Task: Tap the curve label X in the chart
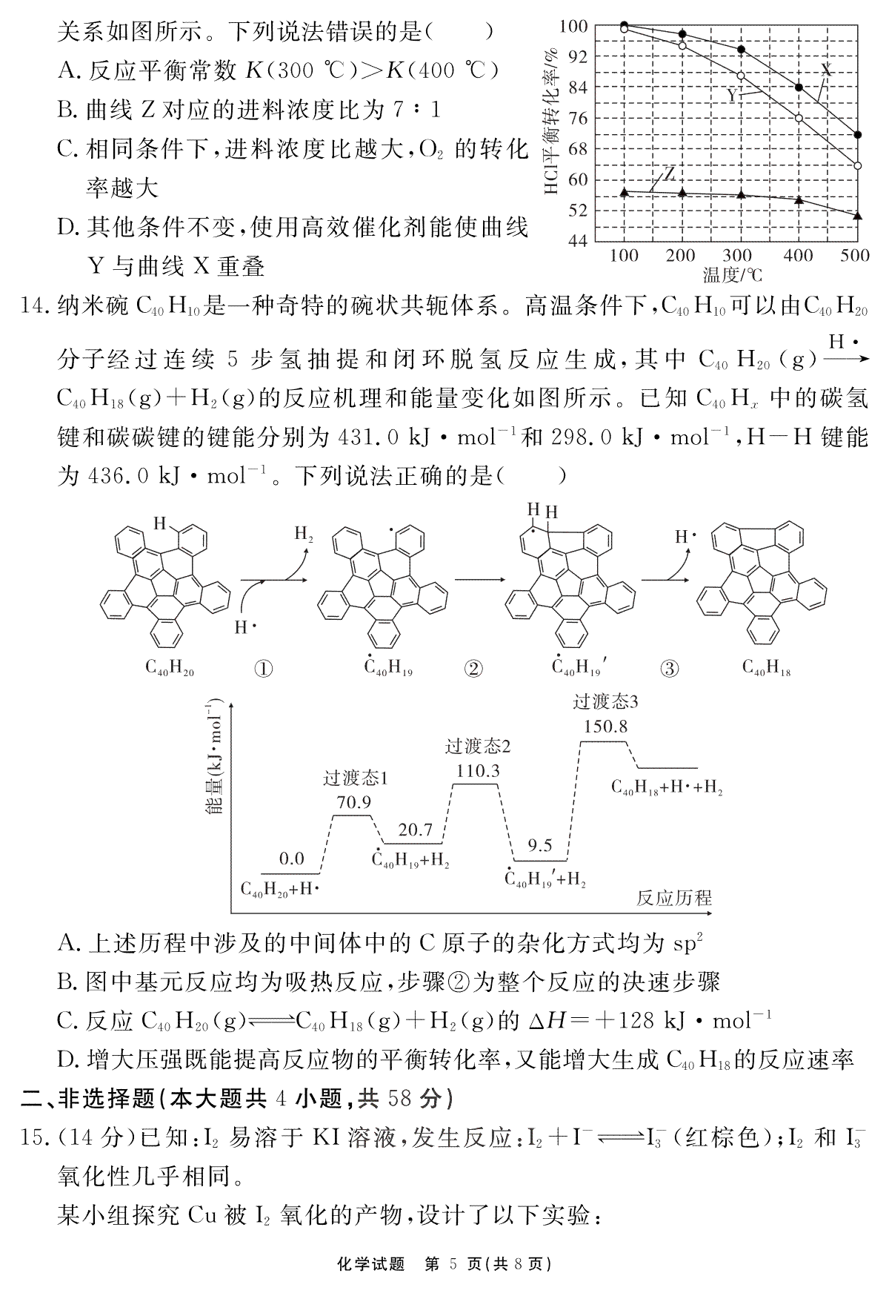pyautogui.click(x=827, y=70)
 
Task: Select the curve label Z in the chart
pyautogui.click(x=669, y=174)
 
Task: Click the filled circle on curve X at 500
pyautogui.click(x=857, y=135)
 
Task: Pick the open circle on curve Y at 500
pyautogui.click(x=857, y=165)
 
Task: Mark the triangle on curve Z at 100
pyautogui.click(x=624, y=192)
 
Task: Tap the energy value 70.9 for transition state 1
pyautogui.click(x=353, y=802)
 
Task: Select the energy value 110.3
pyautogui.click(x=478, y=771)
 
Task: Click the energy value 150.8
pyautogui.click(x=605, y=727)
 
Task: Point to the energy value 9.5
pyautogui.click(x=539, y=845)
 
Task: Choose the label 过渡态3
pyautogui.click(x=605, y=701)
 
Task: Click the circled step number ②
pyautogui.click(x=473, y=668)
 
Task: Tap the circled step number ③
pyautogui.click(x=669, y=668)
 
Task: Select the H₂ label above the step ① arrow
pyautogui.click(x=304, y=534)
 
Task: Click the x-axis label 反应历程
pyautogui.click(x=673, y=898)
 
